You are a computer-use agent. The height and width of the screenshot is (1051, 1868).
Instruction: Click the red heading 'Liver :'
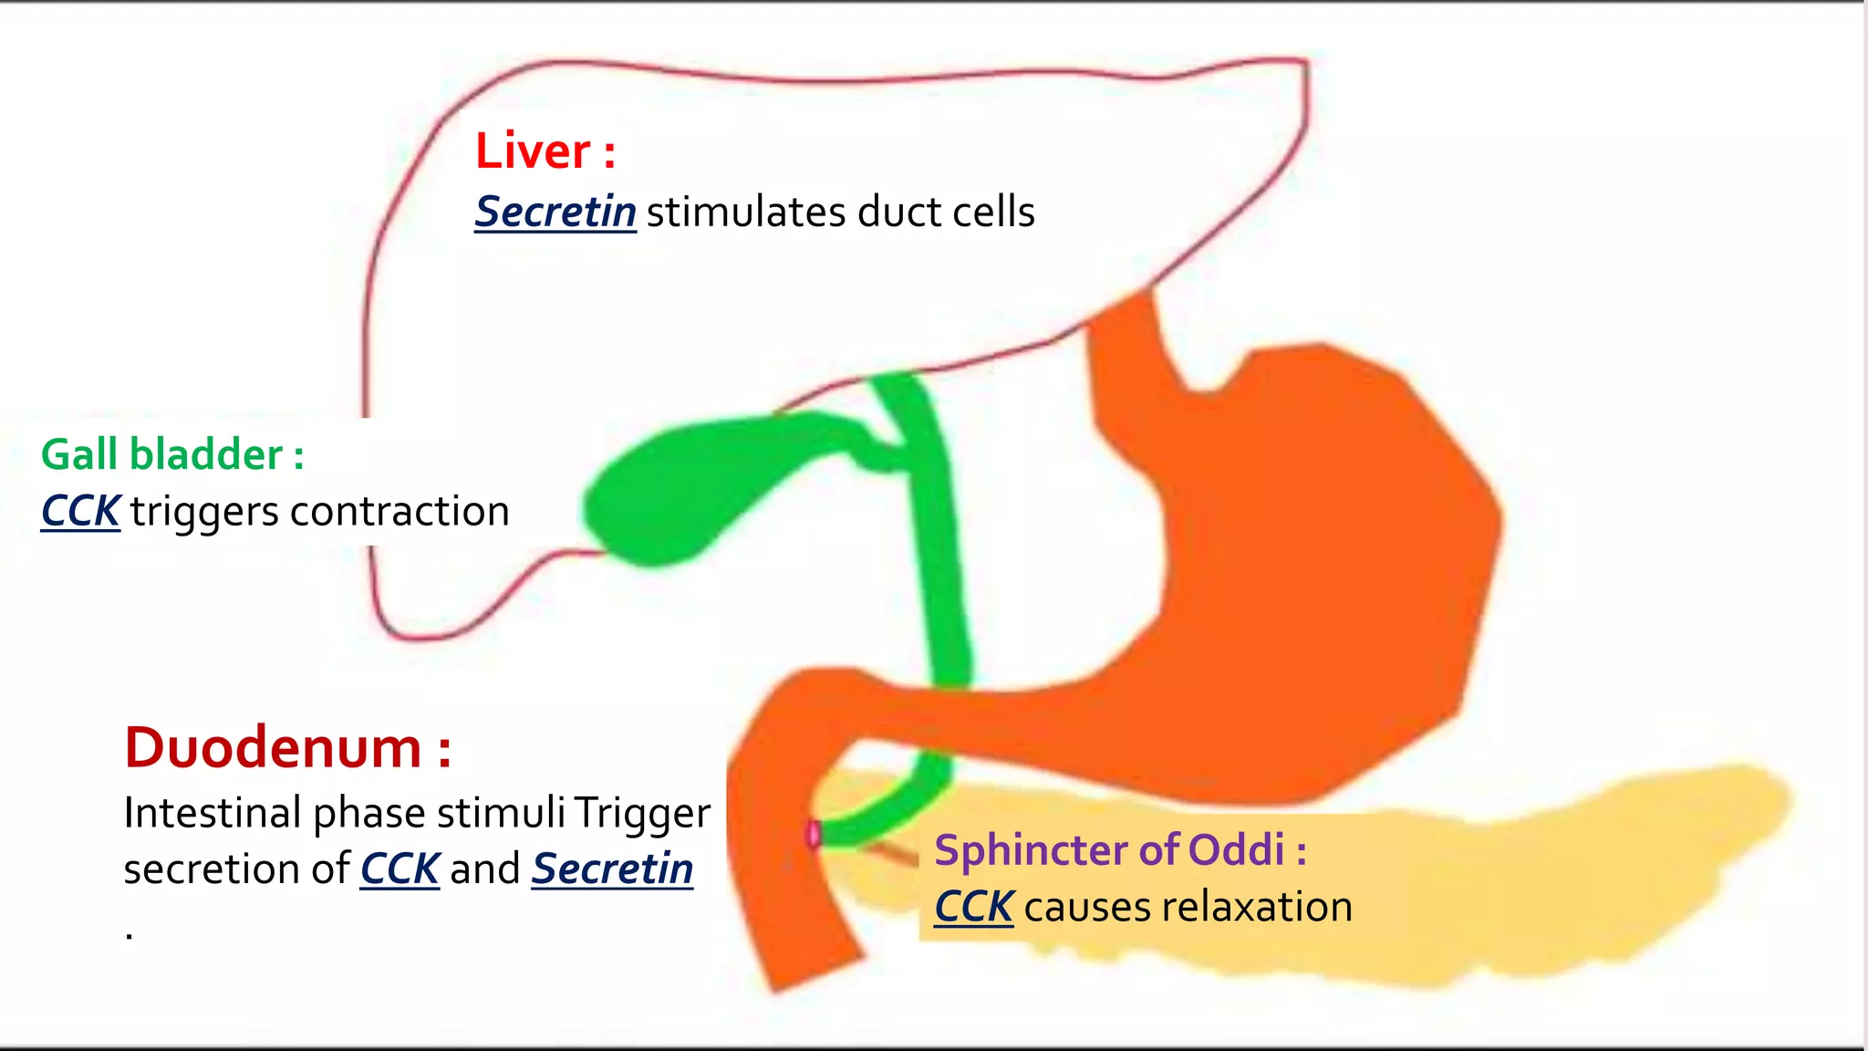[x=545, y=151]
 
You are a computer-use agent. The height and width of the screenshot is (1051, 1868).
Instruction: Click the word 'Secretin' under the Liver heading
[x=555, y=212]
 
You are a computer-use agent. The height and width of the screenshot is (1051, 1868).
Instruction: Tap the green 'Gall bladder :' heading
[x=171, y=454]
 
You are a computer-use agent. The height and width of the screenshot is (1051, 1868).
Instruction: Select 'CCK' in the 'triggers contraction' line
[x=80, y=511]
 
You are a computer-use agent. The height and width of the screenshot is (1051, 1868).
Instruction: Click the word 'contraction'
[x=399, y=511]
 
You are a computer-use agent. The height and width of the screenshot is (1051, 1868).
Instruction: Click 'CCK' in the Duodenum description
[x=400, y=869]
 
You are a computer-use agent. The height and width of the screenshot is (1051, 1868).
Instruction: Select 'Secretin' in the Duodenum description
[x=612, y=869]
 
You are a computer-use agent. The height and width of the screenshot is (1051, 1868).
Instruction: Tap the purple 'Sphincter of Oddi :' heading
[x=1120, y=849]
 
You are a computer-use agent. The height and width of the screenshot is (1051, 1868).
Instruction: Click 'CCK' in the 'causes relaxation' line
[x=973, y=907]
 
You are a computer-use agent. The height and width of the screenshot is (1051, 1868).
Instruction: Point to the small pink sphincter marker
[x=814, y=834]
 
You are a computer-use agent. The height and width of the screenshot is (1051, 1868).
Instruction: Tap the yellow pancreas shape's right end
[x=1733, y=803]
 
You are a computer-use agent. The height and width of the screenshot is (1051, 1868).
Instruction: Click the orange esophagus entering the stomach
[x=1126, y=338]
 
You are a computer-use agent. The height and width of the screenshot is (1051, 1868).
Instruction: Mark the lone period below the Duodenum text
[x=130, y=935]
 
